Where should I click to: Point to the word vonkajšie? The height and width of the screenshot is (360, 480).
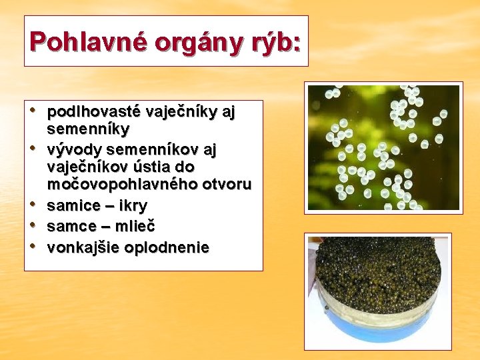pyautogui.click(x=81, y=248)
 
